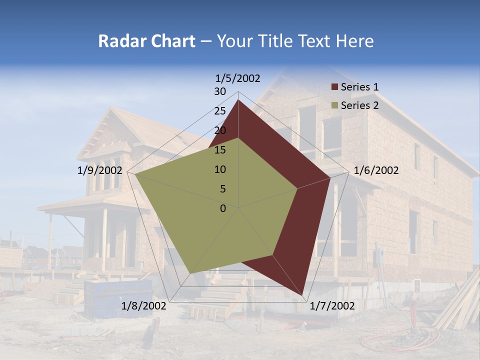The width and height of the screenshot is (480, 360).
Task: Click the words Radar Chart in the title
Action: coord(146,41)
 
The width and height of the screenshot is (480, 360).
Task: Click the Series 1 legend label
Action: coord(359,87)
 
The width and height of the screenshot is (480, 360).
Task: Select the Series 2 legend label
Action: coord(359,105)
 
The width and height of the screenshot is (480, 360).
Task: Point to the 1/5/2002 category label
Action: coord(238,78)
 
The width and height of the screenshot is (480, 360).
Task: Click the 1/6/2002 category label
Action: coord(376,170)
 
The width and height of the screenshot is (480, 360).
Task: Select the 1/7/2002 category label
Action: coord(332,306)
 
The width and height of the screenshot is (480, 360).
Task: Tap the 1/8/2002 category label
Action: coord(144,306)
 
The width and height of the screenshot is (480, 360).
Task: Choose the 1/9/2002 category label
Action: coord(100,170)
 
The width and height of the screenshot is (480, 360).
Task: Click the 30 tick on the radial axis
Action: coord(220,91)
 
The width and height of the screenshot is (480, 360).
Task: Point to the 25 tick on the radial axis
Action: coord(220,111)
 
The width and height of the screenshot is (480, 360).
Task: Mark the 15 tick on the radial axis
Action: coord(220,150)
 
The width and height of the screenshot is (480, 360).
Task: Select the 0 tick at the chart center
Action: coord(223,208)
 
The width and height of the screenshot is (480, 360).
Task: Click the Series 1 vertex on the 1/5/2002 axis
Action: coord(238,100)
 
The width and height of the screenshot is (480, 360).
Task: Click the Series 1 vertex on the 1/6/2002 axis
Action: coord(330,177)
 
